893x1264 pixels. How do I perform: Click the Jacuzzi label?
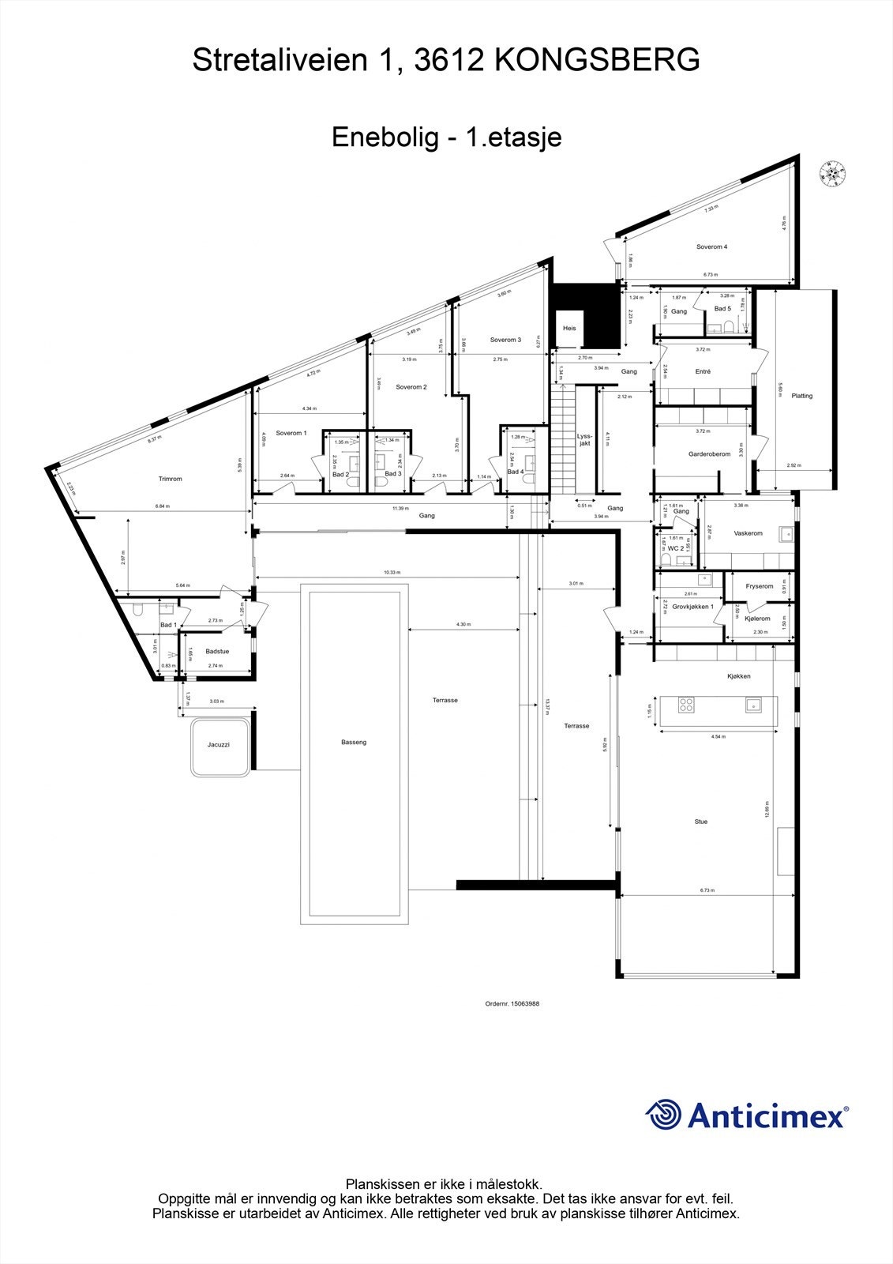(x=219, y=744)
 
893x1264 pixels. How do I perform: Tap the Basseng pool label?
(x=354, y=742)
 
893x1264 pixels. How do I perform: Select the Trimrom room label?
(x=170, y=479)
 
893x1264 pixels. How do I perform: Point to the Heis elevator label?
(x=569, y=328)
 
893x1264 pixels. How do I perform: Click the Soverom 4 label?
(x=711, y=246)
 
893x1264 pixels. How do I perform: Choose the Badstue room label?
(x=217, y=651)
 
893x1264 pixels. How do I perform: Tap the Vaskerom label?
(x=748, y=533)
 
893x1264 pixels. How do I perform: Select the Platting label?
(x=801, y=396)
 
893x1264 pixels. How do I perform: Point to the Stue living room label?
(x=701, y=822)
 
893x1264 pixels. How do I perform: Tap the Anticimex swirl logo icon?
(x=663, y=1115)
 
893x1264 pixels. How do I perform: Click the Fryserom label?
(x=760, y=586)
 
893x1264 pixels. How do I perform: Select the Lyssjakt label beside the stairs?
(x=584, y=439)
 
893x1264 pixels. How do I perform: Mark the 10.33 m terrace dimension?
(x=392, y=573)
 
